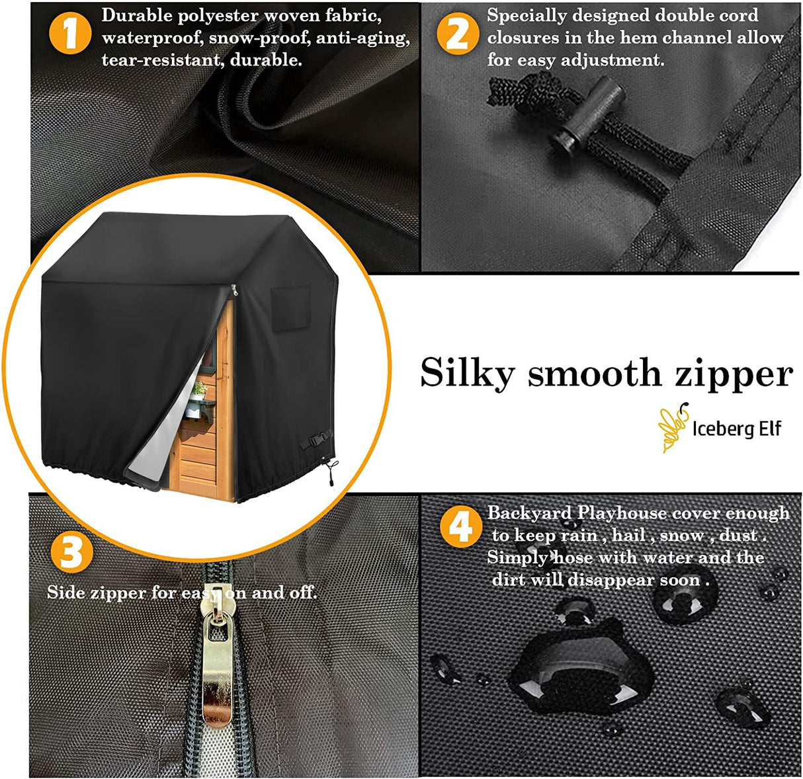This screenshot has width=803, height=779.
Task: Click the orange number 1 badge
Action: coord(70,33)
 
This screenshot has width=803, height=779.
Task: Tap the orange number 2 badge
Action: coord(458,33)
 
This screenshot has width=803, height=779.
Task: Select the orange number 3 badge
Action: coord(72,552)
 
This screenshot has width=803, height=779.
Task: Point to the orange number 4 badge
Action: coord(461,526)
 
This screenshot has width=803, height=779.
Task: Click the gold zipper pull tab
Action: coord(218,659)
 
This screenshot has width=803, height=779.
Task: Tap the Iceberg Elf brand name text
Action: coord(737,429)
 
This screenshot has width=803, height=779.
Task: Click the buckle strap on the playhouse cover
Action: coord(316,438)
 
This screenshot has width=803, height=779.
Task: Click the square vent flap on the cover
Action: coord(290,308)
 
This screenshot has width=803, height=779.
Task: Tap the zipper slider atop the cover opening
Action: coord(234,290)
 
